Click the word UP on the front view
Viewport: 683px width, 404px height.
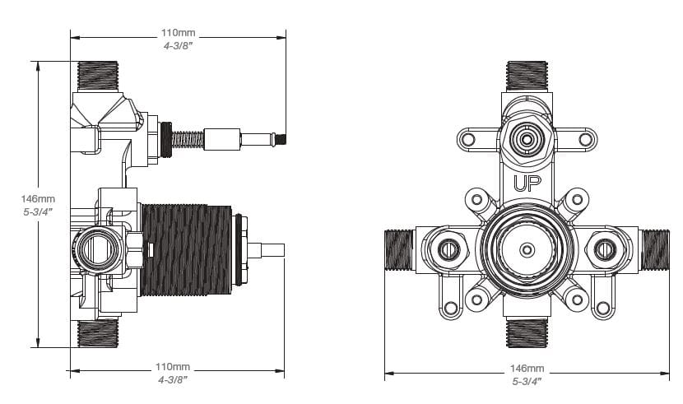(526, 183)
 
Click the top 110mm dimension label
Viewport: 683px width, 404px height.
(178, 34)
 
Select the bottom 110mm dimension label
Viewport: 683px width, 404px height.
(174, 366)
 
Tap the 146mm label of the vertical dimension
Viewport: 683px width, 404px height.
(39, 198)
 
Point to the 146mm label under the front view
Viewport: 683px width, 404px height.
(526, 367)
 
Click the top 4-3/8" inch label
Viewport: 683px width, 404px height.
(178, 47)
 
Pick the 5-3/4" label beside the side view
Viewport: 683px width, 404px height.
(39, 211)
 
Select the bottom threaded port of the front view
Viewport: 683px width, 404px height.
(527, 333)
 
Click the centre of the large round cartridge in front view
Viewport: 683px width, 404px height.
(527, 248)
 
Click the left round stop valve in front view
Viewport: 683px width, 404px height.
(448, 248)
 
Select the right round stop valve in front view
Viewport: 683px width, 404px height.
(606, 248)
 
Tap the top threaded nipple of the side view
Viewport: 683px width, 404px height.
(99, 77)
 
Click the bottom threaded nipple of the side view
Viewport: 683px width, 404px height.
(99, 333)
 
